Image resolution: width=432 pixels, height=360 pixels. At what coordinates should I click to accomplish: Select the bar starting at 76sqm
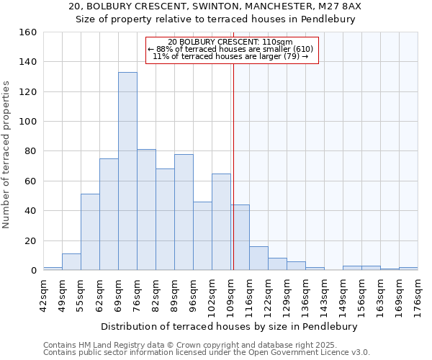146,210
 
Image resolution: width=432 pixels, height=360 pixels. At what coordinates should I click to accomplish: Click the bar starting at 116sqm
258,258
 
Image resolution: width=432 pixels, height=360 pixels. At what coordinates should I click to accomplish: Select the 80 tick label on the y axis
30,151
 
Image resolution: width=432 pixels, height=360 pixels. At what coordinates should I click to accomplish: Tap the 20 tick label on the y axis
30,240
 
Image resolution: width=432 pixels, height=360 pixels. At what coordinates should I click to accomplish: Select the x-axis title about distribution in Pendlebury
230,326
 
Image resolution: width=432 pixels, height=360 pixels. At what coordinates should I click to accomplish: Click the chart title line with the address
216,6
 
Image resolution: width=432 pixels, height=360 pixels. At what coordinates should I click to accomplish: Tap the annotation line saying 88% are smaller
231,49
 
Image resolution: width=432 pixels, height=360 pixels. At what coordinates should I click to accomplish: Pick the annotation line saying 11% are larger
231,56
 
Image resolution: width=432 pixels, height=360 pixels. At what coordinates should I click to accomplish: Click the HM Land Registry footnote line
205,345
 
